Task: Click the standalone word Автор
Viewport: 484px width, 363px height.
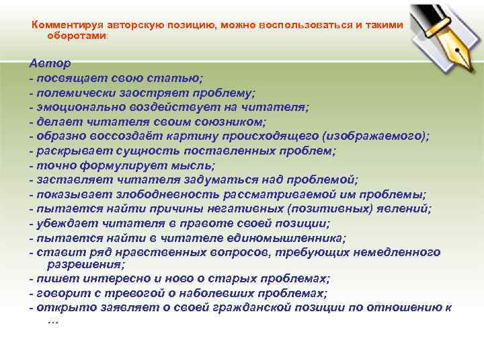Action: point(50,63)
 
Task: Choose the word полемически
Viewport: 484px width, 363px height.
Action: point(72,92)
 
